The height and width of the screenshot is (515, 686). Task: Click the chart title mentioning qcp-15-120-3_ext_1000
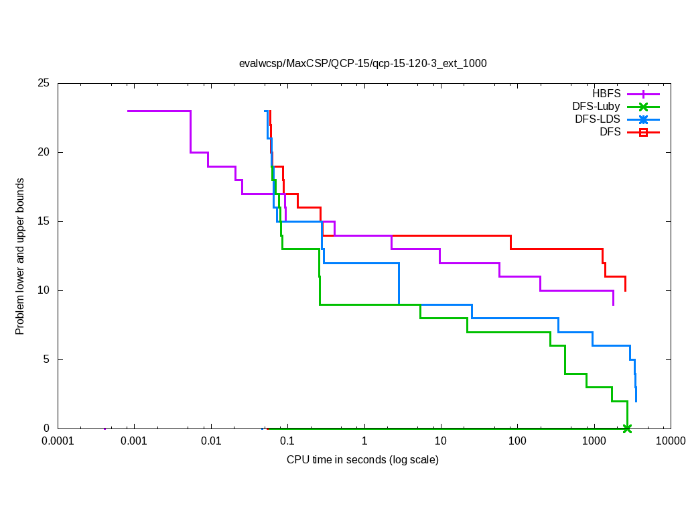362,64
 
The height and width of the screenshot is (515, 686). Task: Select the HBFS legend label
606,94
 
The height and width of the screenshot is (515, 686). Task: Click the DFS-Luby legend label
596,107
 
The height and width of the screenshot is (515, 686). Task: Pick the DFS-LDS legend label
598,119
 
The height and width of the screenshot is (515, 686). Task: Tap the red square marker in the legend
643,133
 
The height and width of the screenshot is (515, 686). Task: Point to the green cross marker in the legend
643,107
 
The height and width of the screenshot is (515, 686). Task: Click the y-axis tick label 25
44,84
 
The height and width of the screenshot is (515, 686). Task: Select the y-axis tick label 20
44,153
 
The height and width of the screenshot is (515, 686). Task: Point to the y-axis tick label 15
44,222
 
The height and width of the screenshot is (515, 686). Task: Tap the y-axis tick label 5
46,359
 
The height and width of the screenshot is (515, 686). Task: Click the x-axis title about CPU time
362,460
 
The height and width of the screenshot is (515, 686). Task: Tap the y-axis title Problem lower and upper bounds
20,257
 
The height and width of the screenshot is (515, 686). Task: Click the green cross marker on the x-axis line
627,428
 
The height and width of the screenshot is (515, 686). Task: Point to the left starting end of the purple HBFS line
128,111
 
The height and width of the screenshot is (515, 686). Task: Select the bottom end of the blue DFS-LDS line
636,401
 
